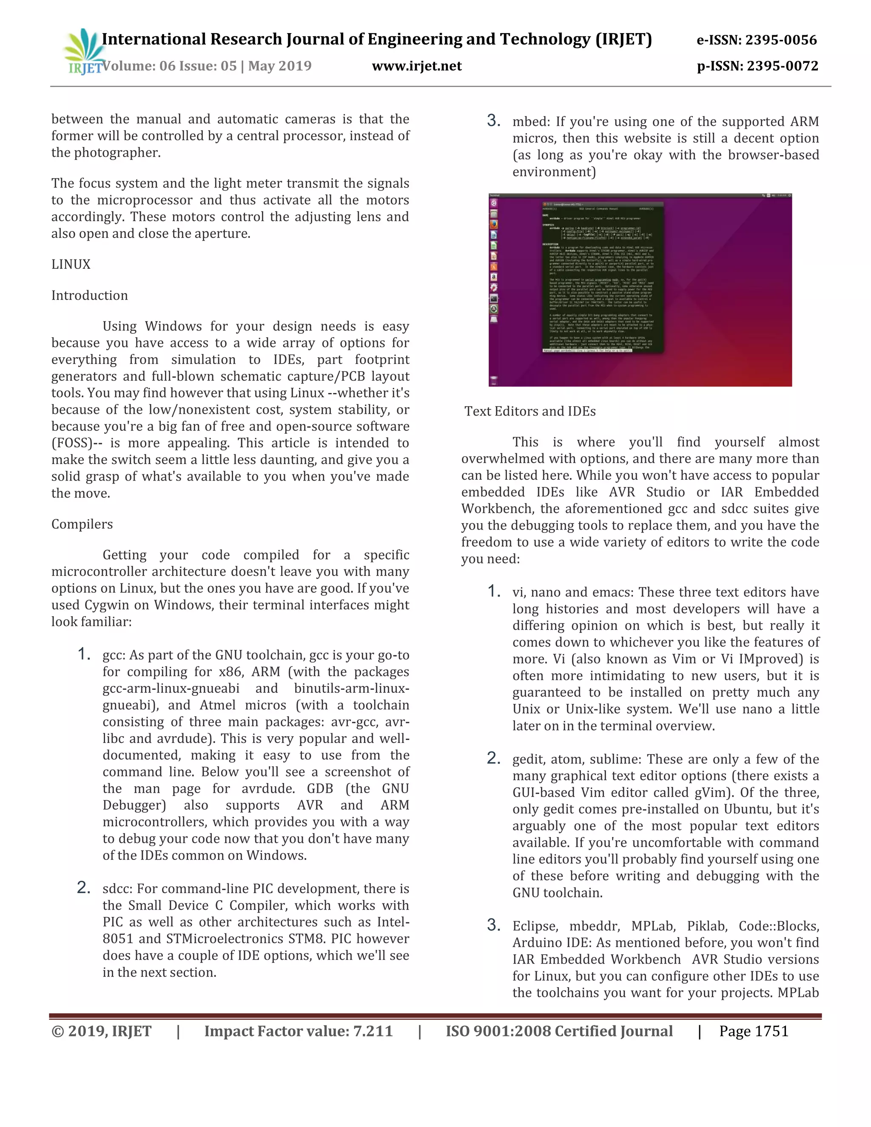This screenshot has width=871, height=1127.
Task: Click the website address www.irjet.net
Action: (416, 66)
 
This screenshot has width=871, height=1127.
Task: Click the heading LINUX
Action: (71, 264)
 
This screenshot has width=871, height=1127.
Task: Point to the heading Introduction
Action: (89, 295)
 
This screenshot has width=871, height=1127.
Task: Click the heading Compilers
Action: (82, 524)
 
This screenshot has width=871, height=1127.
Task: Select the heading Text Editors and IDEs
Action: (530, 411)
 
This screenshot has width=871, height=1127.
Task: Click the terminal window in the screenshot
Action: (602, 278)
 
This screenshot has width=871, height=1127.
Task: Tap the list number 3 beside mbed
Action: (493, 121)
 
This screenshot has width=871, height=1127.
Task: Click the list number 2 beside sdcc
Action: (84, 888)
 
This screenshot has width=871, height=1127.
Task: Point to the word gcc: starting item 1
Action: (114, 655)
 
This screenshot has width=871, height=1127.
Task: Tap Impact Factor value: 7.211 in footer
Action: (298, 1031)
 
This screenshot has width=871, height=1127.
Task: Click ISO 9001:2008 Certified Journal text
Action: (559, 1031)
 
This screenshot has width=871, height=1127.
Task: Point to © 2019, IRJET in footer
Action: (101, 1031)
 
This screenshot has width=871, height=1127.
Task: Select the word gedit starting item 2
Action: (527, 759)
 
